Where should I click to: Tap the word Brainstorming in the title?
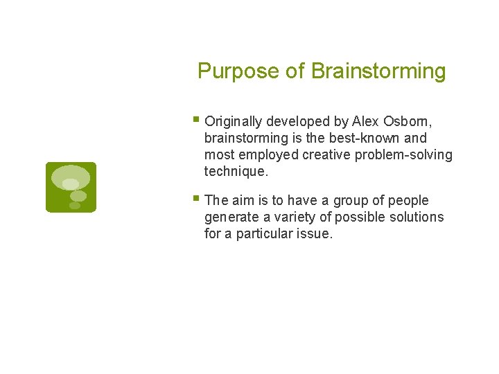click(378, 71)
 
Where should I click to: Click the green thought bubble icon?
click(71, 187)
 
